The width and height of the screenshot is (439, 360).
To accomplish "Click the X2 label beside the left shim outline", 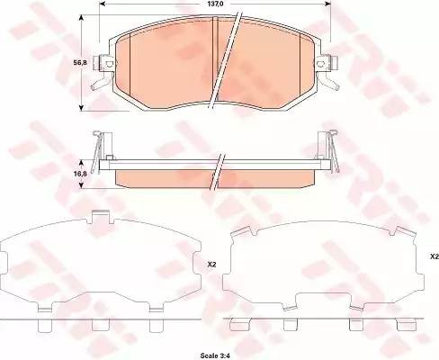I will (x=212, y=265).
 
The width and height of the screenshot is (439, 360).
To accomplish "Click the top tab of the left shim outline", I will (x=101, y=217).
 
